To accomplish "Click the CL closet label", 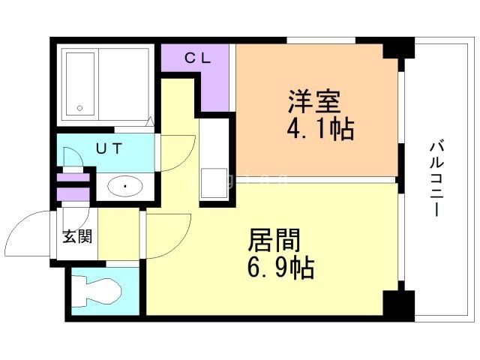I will [x=198, y=57].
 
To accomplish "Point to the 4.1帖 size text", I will [x=319, y=130].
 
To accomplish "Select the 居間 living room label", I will [x=274, y=241].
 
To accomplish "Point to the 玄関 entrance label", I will [x=76, y=237].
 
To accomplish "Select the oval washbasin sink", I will [x=124, y=185].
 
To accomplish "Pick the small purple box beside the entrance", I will [x=74, y=194].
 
